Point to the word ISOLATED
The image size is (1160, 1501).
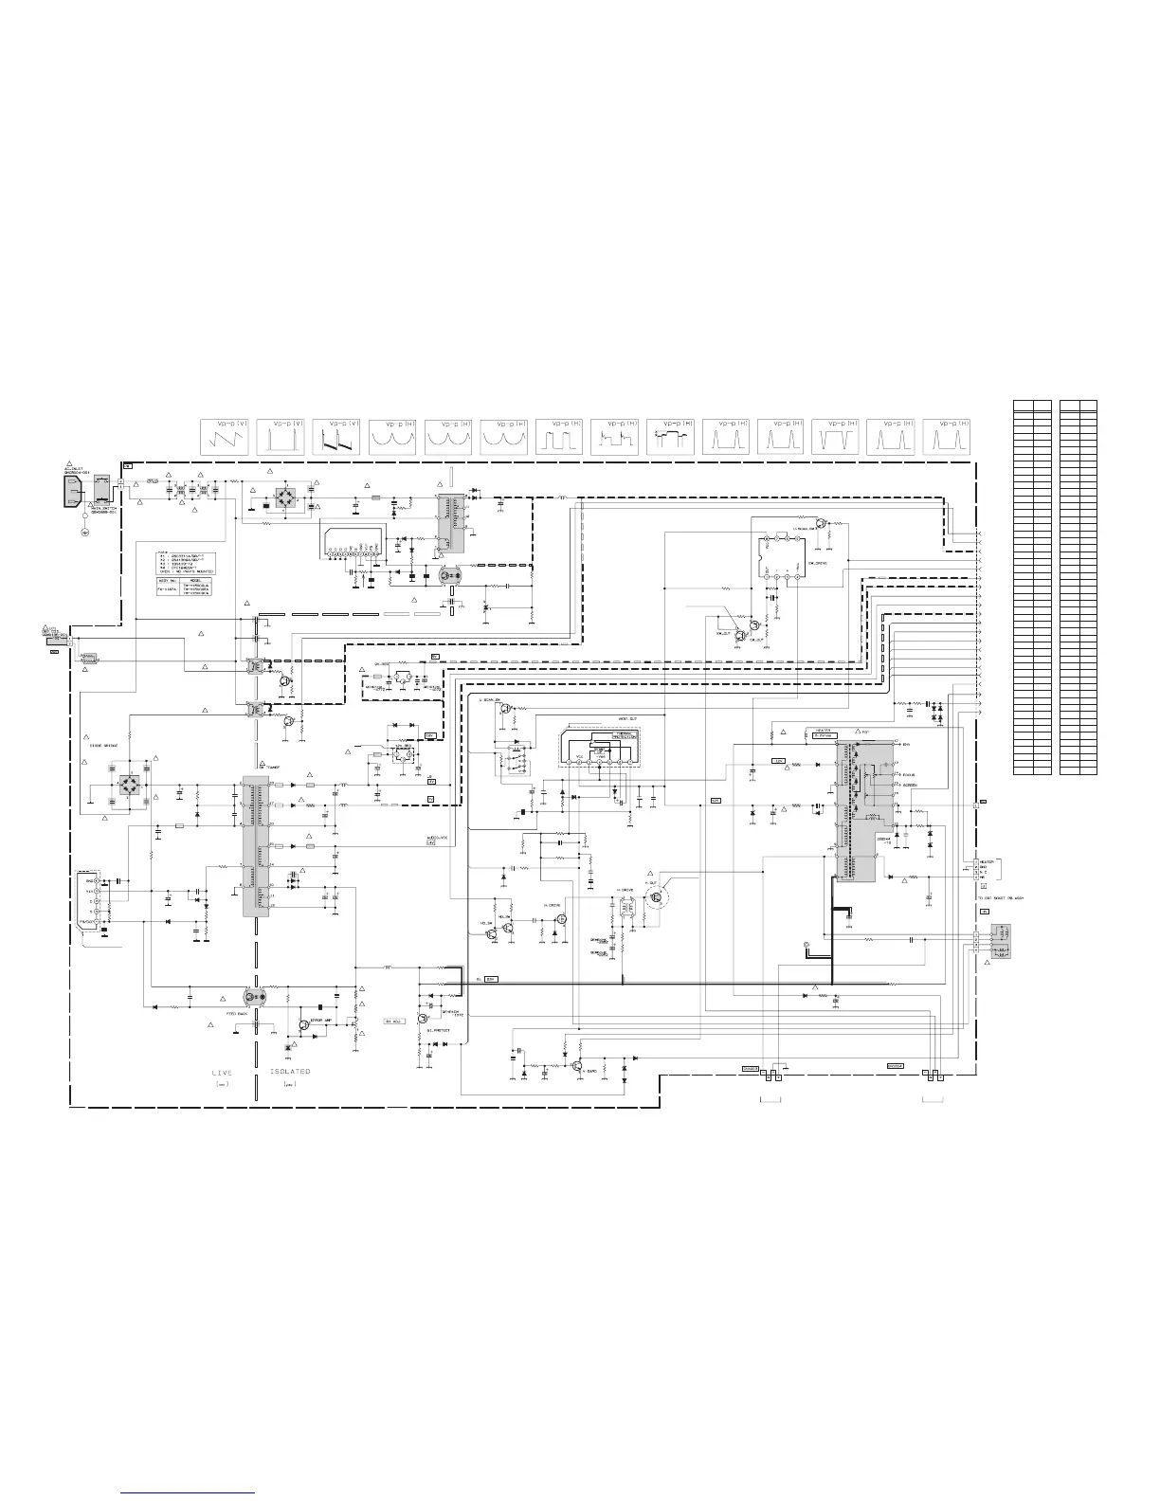pyautogui.click(x=290, y=1071)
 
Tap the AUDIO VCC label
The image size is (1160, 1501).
pyautogui.click(x=438, y=839)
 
